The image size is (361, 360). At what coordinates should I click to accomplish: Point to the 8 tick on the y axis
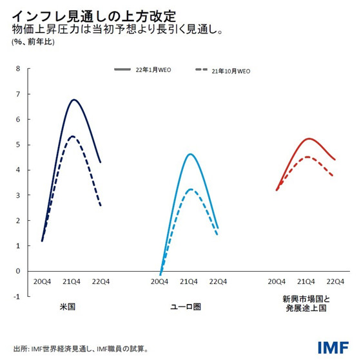coord(18,69)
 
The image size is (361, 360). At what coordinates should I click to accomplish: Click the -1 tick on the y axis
coord(17,296)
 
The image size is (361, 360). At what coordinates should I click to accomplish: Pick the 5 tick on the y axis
coord(18,145)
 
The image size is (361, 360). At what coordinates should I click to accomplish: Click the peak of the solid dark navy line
coord(74,100)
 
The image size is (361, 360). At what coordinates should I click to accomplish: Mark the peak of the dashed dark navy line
coord(73,137)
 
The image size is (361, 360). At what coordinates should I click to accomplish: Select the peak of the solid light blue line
coord(190,154)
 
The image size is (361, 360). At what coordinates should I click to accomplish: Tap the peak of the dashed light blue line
coord(191,189)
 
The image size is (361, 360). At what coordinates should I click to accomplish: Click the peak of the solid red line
coord(310,138)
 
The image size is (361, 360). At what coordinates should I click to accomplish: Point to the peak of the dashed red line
coord(309,157)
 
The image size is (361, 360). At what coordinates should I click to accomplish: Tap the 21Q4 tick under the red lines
coord(305,281)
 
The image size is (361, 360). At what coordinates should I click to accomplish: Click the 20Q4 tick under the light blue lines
coord(160,281)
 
